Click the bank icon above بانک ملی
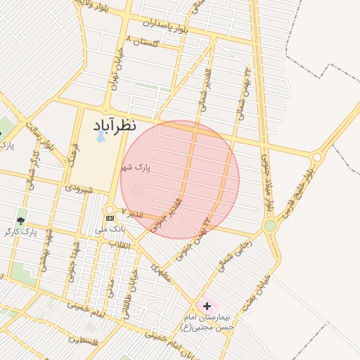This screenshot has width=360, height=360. (x=109, y=218)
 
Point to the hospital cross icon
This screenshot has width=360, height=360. (x=207, y=306)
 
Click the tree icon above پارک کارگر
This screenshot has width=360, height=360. (x=20, y=220)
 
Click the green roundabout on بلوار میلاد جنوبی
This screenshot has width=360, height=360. (x=270, y=225)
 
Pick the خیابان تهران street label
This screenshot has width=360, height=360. (x=115, y=72)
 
